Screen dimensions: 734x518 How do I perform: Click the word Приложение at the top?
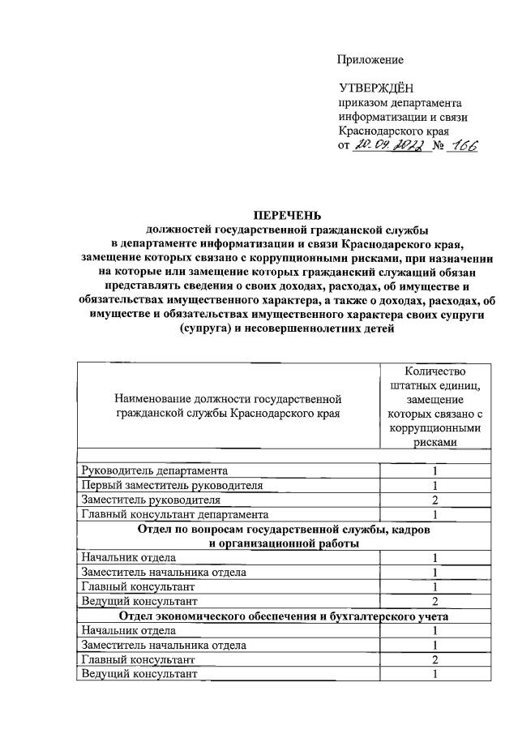tap(370, 60)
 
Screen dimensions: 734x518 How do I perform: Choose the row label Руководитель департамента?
tap(155, 470)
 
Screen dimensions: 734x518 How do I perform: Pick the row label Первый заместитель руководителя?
tap(172, 485)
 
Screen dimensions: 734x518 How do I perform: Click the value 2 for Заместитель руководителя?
tap(435, 500)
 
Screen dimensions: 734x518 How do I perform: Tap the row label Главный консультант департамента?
tap(174, 514)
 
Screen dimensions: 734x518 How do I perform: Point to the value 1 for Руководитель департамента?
tap(435, 470)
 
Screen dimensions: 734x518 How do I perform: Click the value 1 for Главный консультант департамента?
tap(435, 514)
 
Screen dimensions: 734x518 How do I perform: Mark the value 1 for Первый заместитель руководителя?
tap(435, 485)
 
